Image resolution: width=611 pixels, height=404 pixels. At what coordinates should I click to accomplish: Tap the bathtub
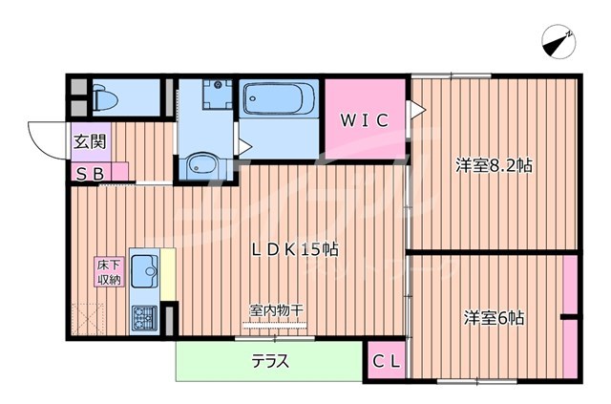coord(279,99)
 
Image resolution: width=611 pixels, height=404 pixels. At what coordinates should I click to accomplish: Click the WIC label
coord(364,120)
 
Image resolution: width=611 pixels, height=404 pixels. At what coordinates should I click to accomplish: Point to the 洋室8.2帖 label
coord(493,165)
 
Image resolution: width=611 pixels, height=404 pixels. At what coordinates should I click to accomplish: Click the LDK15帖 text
coord(295,250)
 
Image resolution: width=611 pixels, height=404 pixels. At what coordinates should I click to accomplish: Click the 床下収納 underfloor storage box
coord(106,272)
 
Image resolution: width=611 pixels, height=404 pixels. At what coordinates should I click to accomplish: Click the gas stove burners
coord(145,316)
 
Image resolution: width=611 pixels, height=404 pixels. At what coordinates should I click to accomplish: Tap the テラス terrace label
coord(270,362)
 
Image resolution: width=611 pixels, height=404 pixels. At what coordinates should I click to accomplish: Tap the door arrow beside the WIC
coord(415,112)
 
